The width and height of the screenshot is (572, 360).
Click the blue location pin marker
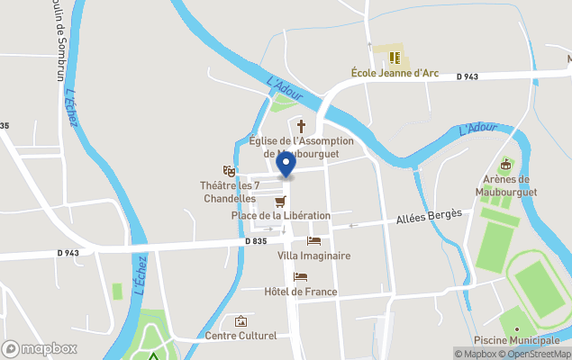(286, 164)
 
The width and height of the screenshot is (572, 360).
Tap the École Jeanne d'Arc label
(393, 73)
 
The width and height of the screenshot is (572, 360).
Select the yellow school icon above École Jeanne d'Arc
(394, 58)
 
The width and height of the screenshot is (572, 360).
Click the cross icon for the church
(300, 126)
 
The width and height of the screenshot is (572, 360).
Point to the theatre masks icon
(229, 170)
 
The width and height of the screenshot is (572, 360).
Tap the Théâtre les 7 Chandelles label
(230, 191)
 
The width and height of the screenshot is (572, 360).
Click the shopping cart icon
(280, 201)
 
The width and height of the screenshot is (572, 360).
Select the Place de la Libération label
(281, 216)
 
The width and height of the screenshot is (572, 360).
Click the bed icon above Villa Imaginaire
(313, 240)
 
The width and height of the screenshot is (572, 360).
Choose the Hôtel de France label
(301, 292)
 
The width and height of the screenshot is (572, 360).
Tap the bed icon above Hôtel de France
(301, 276)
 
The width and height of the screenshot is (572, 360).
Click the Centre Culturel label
(241, 337)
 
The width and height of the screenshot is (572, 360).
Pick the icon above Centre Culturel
(241, 321)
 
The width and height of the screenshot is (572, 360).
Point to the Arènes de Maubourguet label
(504, 186)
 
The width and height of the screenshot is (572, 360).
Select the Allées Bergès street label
(429, 218)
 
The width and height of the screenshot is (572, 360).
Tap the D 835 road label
(256, 241)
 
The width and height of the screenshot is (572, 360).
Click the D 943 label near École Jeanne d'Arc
(467, 77)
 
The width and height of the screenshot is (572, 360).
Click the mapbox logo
(39, 348)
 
